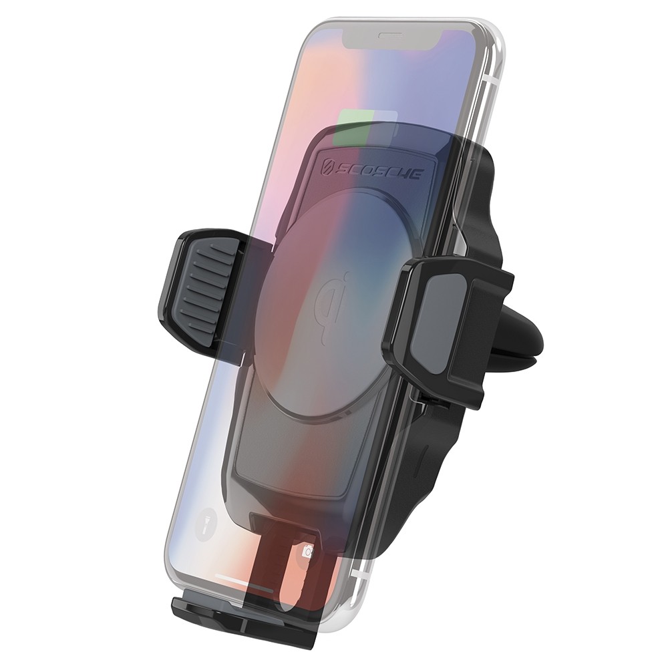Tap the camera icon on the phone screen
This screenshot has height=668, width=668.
(307, 551)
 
